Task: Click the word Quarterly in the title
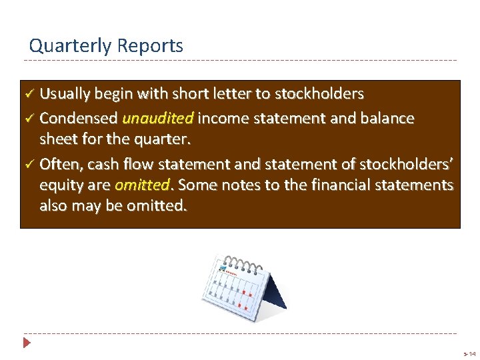pyautogui.click(x=70, y=46)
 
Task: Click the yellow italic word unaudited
pyautogui.click(x=158, y=119)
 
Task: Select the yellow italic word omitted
pyautogui.click(x=141, y=185)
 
